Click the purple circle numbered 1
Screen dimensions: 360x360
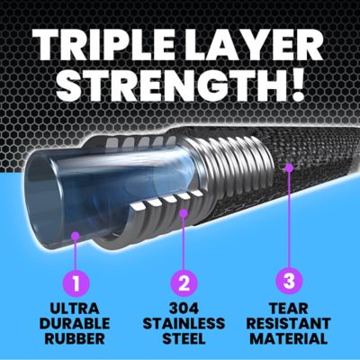(76, 285)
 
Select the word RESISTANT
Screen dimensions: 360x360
(289, 324)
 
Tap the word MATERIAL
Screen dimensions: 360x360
(289, 339)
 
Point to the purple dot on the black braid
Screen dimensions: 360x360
(289, 167)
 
